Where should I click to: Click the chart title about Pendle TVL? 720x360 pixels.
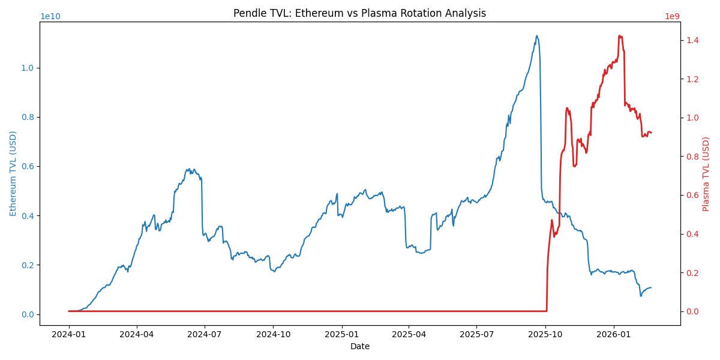tap(359, 13)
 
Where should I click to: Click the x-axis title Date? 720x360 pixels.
tap(360, 346)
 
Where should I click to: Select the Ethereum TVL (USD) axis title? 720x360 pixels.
tap(13, 173)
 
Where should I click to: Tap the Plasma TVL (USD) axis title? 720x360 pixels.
tap(706, 173)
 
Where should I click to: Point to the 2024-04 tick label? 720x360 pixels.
tap(137, 334)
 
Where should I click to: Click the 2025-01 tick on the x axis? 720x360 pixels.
tap(341, 334)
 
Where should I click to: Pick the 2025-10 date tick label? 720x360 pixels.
tap(545, 334)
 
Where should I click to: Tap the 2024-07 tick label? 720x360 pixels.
tap(205, 334)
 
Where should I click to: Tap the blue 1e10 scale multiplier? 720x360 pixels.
tap(50, 17)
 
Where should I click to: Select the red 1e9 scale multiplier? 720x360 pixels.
tap(672, 17)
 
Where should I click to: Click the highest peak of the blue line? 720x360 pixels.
tap(537, 35)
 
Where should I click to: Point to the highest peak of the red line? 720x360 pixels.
tap(619, 35)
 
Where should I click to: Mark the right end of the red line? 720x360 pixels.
tap(652, 133)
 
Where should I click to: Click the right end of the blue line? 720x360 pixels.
tap(652, 287)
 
